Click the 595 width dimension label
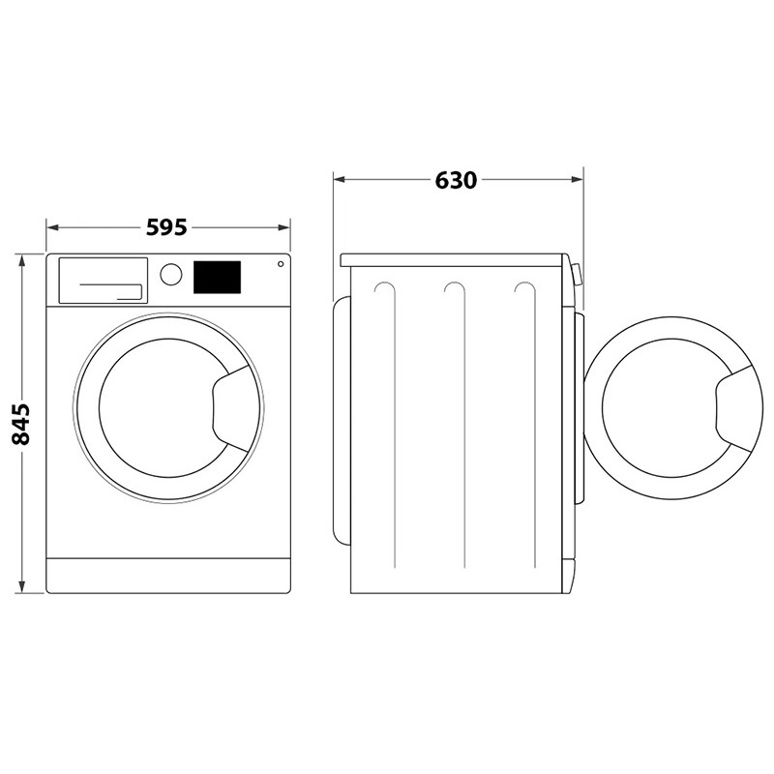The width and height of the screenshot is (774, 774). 166,227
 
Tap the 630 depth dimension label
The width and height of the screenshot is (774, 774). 456,180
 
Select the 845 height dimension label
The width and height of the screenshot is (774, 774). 21,425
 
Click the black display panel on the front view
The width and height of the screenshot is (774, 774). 217,277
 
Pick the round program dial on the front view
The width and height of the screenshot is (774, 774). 171,275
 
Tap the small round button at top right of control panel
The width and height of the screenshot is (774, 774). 281,264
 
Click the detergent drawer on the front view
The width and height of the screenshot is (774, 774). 104,280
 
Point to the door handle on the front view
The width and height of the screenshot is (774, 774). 231,408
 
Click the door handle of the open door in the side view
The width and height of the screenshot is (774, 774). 734,408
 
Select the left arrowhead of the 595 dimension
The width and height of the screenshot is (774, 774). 53,227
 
